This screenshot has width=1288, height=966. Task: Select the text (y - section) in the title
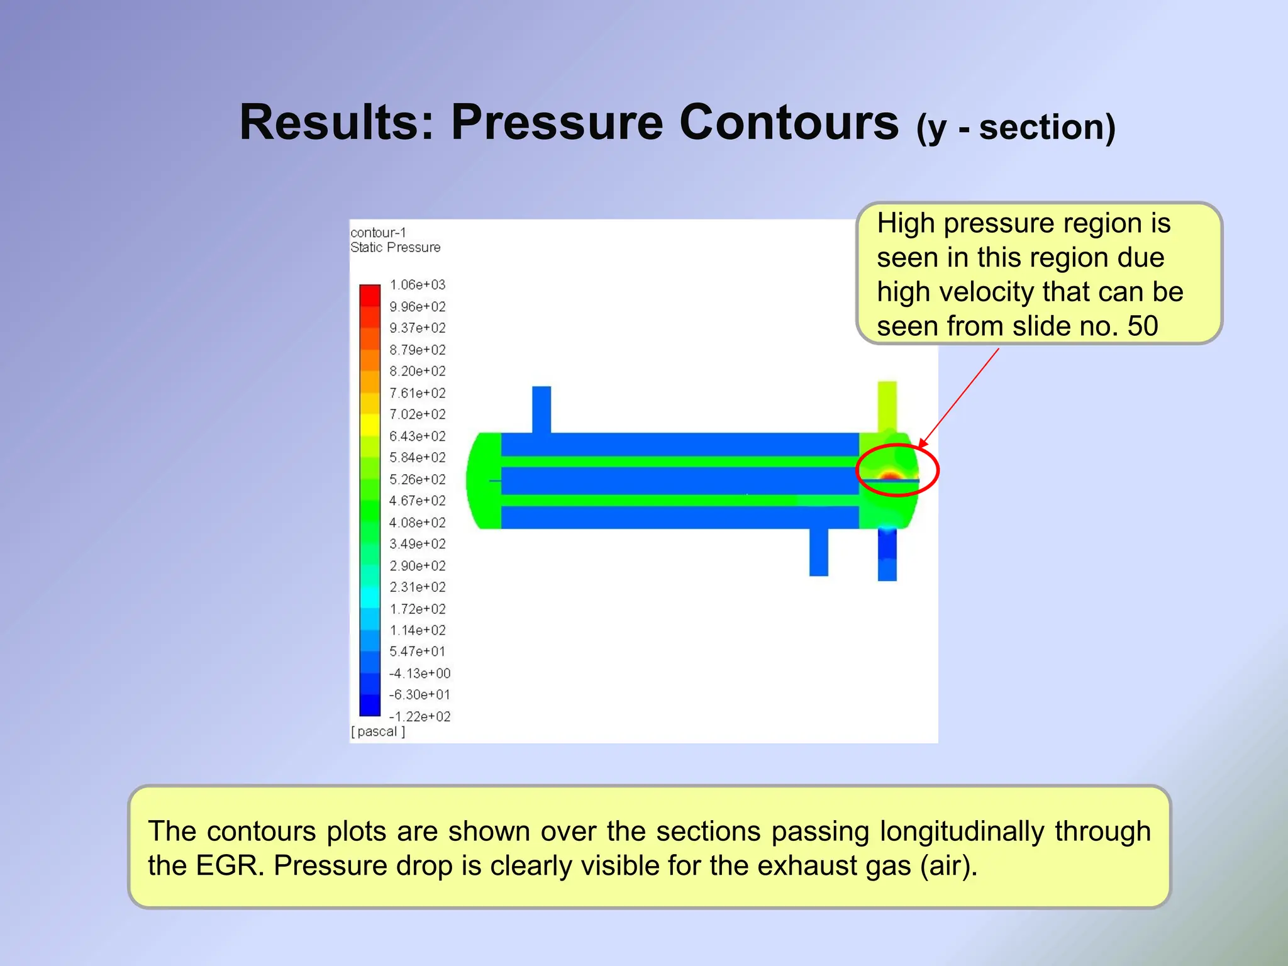[x=1016, y=127]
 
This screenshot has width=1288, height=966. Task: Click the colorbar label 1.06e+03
[x=417, y=285]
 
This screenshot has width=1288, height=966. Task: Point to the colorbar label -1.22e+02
[x=419, y=716]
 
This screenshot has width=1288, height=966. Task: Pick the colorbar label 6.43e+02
[x=417, y=436]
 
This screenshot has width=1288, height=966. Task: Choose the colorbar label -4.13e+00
[x=419, y=673]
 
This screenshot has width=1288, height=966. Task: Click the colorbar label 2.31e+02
[x=417, y=587]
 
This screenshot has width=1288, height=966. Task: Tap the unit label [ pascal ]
[x=378, y=731]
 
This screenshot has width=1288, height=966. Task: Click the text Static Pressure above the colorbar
[x=395, y=247]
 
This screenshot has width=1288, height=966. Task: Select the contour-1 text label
[x=378, y=233]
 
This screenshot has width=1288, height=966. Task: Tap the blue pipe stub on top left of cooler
[x=541, y=409]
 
